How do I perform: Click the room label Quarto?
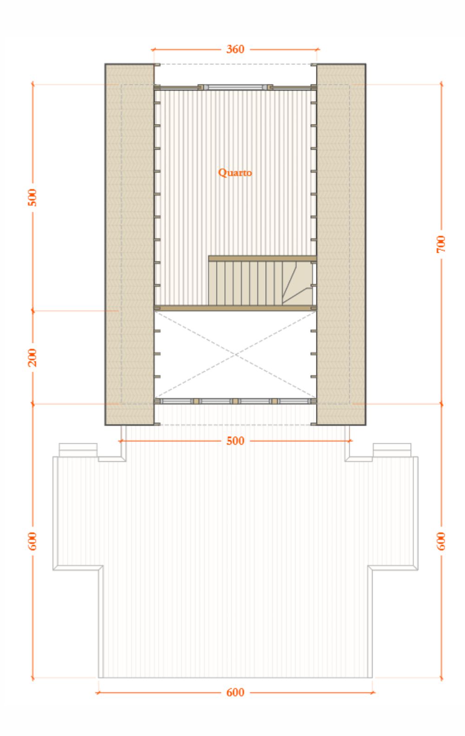tap(235, 172)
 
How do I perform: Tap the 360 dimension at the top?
tap(235, 49)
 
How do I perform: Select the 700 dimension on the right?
tap(441, 244)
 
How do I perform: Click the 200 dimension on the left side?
tap(33, 357)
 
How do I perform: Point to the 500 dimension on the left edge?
tap(33, 197)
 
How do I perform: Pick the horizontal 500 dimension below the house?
tap(235, 440)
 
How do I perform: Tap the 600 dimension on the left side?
tap(33, 541)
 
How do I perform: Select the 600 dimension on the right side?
tap(441, 541)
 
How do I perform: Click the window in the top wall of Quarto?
tap(235, 87)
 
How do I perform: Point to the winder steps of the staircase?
tap(297, 283)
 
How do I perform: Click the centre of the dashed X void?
tap(235, 355)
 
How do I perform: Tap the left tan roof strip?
tap(130, 244)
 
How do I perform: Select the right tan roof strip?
tap(341, 244)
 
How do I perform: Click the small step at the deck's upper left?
tap(78, 450)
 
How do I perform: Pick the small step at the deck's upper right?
tap(392, 450)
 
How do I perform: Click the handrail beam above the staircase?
tap(262, 259)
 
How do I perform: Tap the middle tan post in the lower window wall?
tap(235, 401)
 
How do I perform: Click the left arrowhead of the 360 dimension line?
tap(153, 50)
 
